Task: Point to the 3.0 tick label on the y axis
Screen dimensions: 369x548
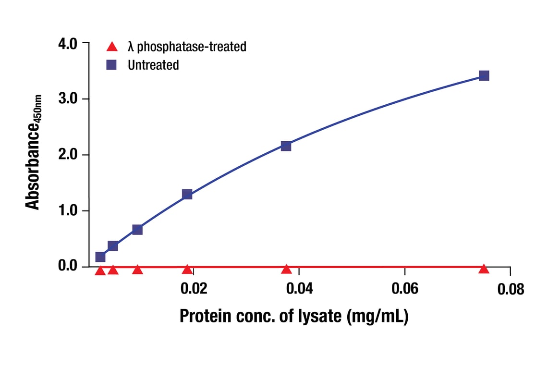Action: click(67, 99)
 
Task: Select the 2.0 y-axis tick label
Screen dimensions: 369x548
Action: click(67, 155)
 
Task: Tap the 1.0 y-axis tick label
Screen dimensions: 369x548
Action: click(67, 211)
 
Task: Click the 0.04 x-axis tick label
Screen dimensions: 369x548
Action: click(299, 289)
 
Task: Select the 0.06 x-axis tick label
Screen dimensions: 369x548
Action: click(405, 289)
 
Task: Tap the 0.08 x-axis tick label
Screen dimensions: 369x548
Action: click(511, 289)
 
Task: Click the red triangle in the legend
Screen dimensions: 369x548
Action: click(111, 47)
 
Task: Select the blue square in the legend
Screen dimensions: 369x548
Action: click(111, 65)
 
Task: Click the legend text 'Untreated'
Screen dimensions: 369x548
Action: click(153, 65)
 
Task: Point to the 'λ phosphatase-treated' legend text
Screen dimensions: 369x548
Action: click(187, 47)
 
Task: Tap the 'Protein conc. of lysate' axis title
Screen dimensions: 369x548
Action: click(294, 316)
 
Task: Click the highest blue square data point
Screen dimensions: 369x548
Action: click(484, 75)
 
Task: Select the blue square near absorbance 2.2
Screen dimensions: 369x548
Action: click(286, 146)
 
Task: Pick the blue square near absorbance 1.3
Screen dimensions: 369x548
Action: click(187, 194)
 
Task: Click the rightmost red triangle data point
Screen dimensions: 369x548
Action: click(484, 269)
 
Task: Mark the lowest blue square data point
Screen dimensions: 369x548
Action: click(100, 257)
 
